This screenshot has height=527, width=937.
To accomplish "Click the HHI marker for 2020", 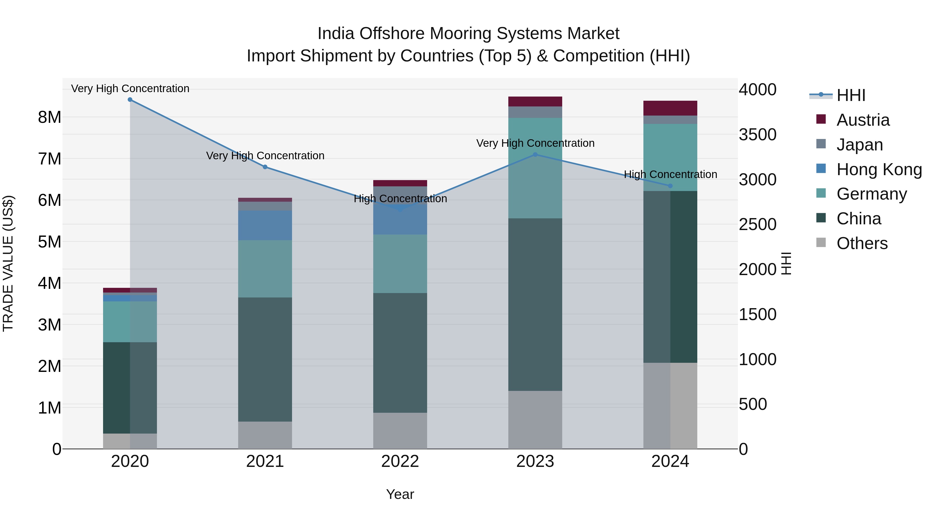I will tap(130, 100).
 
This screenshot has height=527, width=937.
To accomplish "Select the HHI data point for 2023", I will tap(535, 155).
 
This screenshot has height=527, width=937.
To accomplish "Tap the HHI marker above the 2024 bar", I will tap(670, 186).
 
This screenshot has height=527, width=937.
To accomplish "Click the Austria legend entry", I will tap(863, 120).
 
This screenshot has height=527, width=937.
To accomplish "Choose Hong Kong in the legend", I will tap(879, 169).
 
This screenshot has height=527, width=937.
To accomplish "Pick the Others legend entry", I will tap(862, 243).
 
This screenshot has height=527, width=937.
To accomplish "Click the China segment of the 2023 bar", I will tap(535, 304).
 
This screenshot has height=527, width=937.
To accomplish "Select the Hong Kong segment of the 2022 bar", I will tap(400, 222).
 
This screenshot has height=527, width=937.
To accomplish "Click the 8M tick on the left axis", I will tap(49, 117).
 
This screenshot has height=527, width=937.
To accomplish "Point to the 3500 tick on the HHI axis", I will tap(757, 135).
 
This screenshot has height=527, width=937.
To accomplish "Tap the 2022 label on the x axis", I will tap(400, 461).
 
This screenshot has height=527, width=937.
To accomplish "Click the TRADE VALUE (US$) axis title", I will tap(8, 263).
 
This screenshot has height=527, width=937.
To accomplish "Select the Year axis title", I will tap(400, 494).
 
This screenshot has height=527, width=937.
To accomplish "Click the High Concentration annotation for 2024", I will tap(670, 175).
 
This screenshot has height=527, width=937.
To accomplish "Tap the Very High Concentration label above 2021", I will tap(265, 156).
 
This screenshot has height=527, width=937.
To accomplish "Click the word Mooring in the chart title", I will tap(463, 34).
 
